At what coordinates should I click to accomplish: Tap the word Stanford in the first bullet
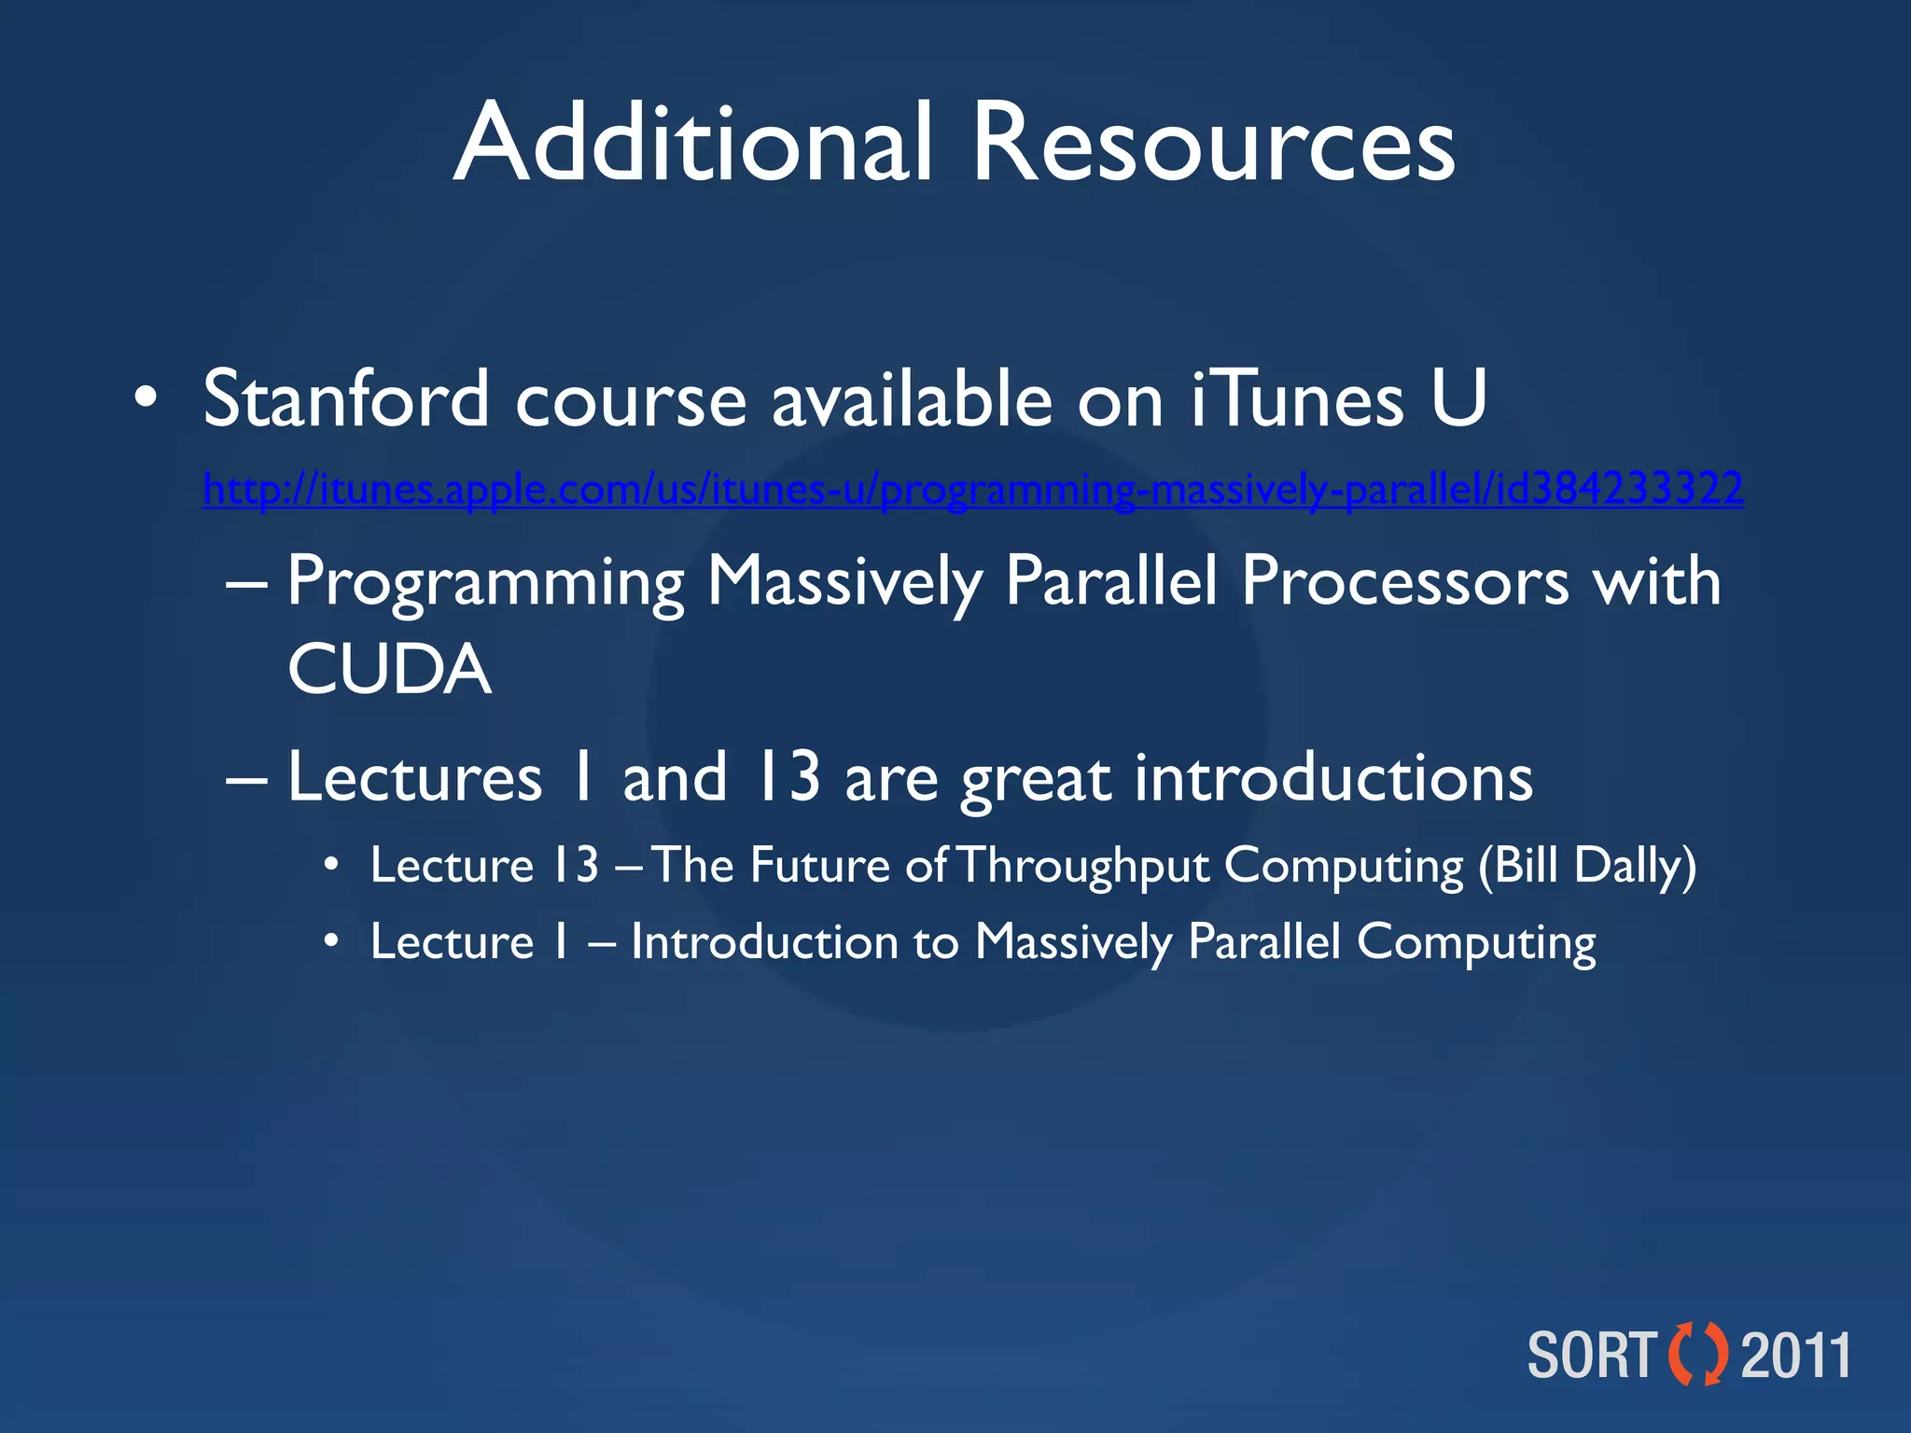click(x=346, y=399)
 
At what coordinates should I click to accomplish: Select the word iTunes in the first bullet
click(x=1297, y=399)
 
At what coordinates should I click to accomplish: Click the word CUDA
click(x=389, y=670)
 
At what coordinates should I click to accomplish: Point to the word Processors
click(x=1405, y=582)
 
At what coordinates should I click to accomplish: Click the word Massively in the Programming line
click(x=844, y=582)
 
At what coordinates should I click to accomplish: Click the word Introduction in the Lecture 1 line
click(x=764, y=942)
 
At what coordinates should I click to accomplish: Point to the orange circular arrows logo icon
click(x=1697, y=1354)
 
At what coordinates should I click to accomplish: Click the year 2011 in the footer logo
click(x=1796, y=1356)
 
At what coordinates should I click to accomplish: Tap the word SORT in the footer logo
click(x=1591, y=1356)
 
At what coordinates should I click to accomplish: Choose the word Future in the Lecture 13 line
click(x=819, y=866)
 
